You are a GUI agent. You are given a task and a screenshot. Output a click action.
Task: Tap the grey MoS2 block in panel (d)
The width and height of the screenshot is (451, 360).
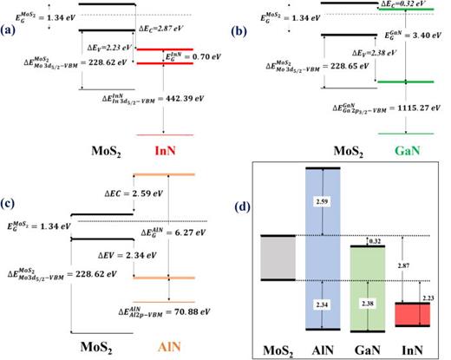pos(278,258)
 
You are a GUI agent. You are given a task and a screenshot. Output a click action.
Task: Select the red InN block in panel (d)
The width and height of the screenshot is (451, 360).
pos(413,314)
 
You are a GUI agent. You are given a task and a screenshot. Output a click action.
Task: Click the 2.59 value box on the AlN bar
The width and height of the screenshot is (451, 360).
pos(324,201)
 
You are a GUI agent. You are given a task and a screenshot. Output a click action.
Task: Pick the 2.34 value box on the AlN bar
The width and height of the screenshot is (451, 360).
pos(324,304)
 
